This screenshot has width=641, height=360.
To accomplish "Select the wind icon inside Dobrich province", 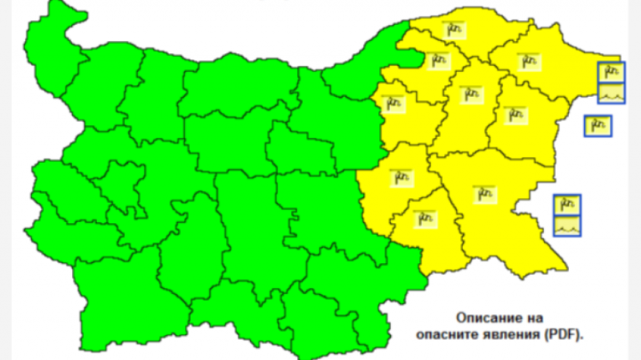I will point(527,59).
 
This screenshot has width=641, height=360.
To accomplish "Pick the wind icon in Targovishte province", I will point(393,103).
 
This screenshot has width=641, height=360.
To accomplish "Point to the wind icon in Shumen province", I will point(470,94).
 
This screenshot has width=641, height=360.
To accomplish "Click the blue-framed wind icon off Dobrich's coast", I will point(611,71).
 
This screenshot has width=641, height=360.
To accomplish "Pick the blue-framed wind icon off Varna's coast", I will point(598,125).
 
